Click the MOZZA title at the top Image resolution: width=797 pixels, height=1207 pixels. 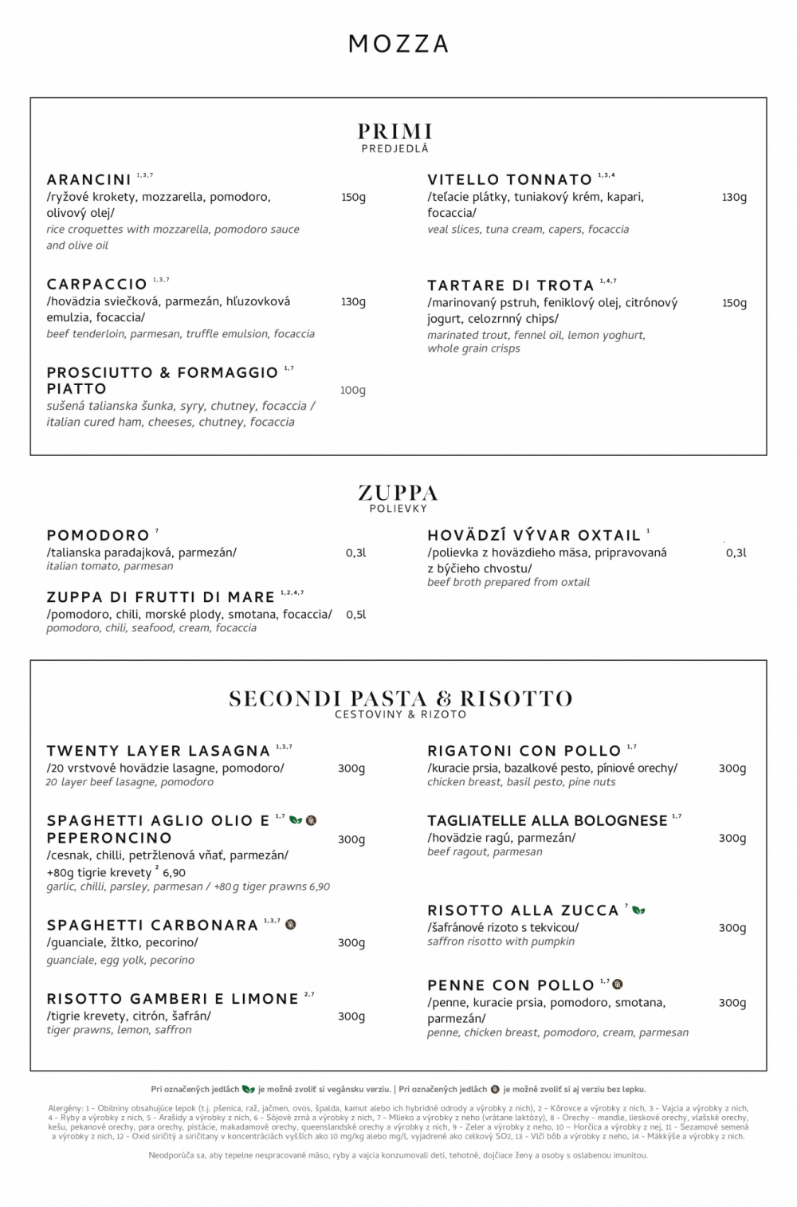point(398,44)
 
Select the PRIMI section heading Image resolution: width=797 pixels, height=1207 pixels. point(395,131)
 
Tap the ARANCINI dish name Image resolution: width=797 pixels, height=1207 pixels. point(88,179)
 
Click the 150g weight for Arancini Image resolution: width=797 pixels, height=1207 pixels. point(353,197)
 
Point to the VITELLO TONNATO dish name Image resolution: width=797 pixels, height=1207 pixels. point(509,179)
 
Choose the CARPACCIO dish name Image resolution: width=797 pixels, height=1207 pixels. point(96,284)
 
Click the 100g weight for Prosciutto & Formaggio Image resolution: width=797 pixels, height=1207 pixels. point(352,390)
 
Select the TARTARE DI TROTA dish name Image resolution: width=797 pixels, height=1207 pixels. point(510,285)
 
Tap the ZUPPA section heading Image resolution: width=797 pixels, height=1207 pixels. point(398,492)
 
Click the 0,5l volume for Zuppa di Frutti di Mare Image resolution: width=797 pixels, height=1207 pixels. point(355,615)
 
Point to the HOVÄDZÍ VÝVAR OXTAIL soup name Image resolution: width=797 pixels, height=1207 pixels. point(534,535)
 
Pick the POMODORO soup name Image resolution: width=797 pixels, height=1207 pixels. point(98,535)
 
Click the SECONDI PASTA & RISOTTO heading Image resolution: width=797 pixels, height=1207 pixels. point(401,698)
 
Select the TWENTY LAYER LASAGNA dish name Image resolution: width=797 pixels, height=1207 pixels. point(158,750)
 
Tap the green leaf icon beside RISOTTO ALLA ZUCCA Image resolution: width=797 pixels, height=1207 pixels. point(639,910)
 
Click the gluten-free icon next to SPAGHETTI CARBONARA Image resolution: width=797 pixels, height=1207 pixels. point(291,925)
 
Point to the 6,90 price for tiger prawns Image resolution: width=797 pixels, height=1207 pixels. point(174,872)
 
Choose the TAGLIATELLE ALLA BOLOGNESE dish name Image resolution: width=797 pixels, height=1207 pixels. point(547,820)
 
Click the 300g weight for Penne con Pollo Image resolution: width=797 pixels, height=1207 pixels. point(732,1002)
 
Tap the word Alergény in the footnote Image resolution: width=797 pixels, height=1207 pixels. point(61,1108)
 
